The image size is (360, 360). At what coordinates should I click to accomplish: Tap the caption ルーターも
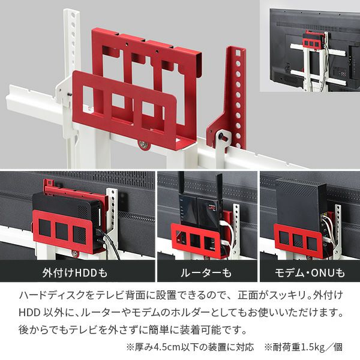(x=206, y=274)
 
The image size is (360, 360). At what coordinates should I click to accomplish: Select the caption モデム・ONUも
(x=310, y=274)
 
